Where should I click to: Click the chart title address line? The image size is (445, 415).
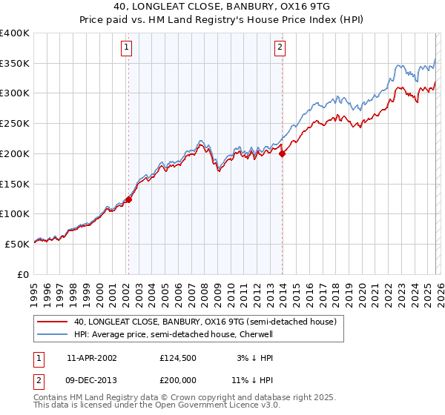pos(222,7)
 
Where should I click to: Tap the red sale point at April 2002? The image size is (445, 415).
pos(128,199)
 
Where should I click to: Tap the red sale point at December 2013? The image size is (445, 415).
pos(282,153)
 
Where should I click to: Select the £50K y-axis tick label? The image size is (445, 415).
pos(17,244)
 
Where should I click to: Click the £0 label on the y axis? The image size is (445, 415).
pos(24,274)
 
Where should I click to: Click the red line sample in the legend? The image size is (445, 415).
pos(52,322)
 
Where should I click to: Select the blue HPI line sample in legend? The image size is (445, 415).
pos(52,334)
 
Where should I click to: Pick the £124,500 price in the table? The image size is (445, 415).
pos(177,357)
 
